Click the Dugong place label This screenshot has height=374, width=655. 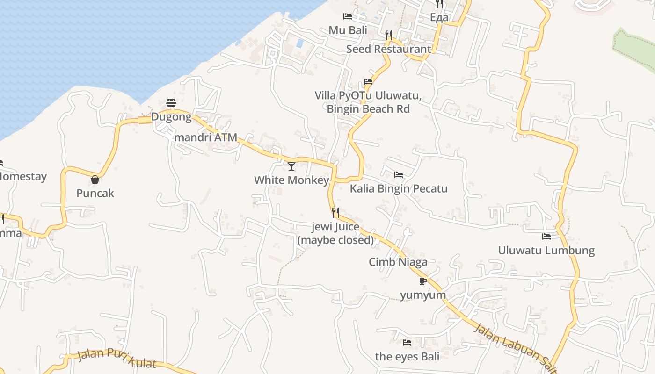(x=171, y=117)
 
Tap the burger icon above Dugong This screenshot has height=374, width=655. (x=171, y=103)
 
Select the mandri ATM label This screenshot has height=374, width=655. (x=205, y=137)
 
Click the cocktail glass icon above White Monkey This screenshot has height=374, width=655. (x=291, y=166)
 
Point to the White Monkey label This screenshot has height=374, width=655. (x=291, y=180)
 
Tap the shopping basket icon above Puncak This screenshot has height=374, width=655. (x=95, y=180)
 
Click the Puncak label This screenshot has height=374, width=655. (x=95, y=193)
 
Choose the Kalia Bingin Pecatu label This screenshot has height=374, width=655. (x=399, y=189)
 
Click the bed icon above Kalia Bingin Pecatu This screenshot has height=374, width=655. (x=399, y=175)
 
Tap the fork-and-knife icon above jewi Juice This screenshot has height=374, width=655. (x=335, y=213)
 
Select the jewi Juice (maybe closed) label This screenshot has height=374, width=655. (x=335, y=234)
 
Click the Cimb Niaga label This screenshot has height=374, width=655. (x=398, y=262)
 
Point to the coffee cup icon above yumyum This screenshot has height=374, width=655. (x=423, y=281)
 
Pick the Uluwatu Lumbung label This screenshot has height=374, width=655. (x=546, y=251)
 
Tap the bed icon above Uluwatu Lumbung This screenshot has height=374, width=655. (x=546, y=237)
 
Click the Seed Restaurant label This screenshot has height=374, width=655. (x=389, y=49)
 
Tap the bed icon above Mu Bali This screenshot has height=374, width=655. (x=348, y=16)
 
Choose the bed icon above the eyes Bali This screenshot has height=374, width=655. (x=407, y=343)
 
